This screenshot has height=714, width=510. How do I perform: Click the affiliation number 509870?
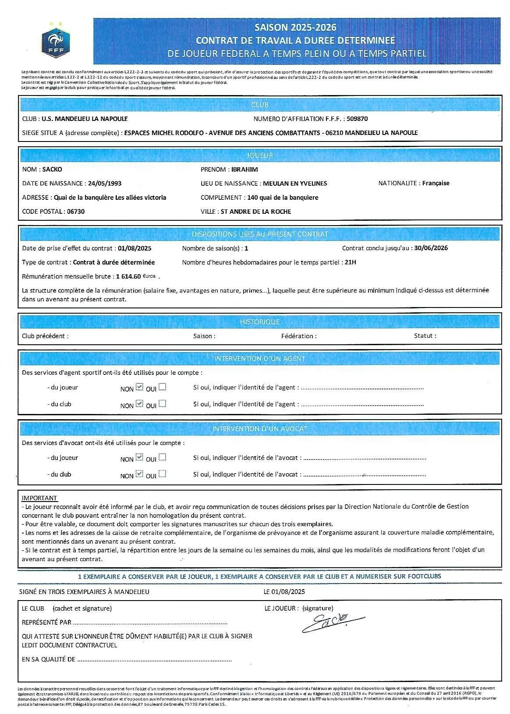click(357, 119)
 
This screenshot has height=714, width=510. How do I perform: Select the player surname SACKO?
click(52, 170)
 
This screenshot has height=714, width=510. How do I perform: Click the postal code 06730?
click(76, 212)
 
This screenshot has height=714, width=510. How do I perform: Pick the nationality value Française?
click(436, 184)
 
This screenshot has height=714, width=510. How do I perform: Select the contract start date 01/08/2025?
click(135, 248)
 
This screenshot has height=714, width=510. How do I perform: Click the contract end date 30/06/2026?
click(431, 248)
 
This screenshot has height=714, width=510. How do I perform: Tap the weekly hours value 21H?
click(351, 262)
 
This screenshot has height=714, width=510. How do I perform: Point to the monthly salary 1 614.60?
click(128, 276)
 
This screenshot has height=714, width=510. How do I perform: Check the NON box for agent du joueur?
click(139, 387)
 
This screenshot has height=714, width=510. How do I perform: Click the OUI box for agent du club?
click(163, 403)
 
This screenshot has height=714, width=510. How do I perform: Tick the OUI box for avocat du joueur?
click(163, 457)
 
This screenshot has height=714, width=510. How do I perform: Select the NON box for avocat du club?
click(139, 474)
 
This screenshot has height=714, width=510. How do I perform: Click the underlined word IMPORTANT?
click(39, 498)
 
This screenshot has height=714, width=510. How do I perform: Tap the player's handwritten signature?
click(331, 622)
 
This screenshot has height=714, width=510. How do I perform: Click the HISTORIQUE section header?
click(260, 322)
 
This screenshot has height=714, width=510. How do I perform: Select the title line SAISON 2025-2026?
click(296, 28)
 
